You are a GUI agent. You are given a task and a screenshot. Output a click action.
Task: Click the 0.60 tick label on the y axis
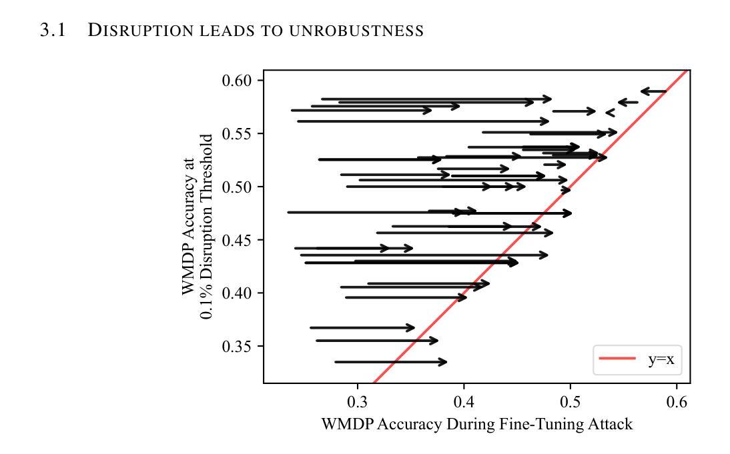pyautogui.click(x=238, y=81)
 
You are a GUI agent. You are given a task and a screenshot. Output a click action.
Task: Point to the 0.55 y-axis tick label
pyautogui.click(x=238, y=134)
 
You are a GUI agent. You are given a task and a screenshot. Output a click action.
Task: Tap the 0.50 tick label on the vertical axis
pyautogui.click(x=238, y=187)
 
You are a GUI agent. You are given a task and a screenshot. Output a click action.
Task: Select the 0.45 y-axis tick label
pyautogui.click(x=238, y=240)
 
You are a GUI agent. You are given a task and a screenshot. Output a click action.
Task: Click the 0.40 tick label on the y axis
pyautogui.click(x=238, y=293)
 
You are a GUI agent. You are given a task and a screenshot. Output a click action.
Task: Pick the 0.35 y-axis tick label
pyautogui.click(x=238, y=347)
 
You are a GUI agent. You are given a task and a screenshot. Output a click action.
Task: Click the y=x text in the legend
pyautogui.click(x=661, y=360)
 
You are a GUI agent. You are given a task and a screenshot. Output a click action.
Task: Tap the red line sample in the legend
pyautogui.click(x=617, y=359)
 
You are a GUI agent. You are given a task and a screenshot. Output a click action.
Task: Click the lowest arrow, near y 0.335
pyautogui.click(x=390, y=362)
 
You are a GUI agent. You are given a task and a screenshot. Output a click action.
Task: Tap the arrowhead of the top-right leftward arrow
pyautogui.click(x=643, y=91)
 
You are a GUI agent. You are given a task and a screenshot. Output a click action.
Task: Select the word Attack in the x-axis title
pyautogui.click(x=610, y=424)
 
